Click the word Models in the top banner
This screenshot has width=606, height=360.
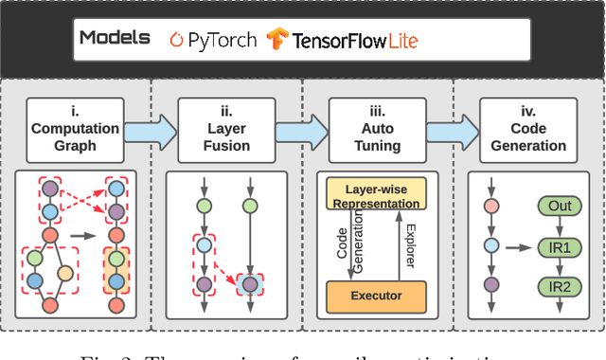click(115, 39)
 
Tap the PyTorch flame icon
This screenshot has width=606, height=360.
click(175, 40)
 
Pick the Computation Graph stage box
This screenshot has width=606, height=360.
click(75, 127)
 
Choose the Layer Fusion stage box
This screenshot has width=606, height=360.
click(226, 127)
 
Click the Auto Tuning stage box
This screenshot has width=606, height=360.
click(378, 127)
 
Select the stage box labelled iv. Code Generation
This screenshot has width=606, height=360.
click(529, 127)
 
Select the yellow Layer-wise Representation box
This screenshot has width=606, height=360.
click(378, 196)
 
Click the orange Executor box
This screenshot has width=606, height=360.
click(378, 296)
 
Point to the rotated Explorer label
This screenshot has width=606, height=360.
click(408, 245)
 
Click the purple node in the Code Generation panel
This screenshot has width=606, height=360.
click(490, 284)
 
